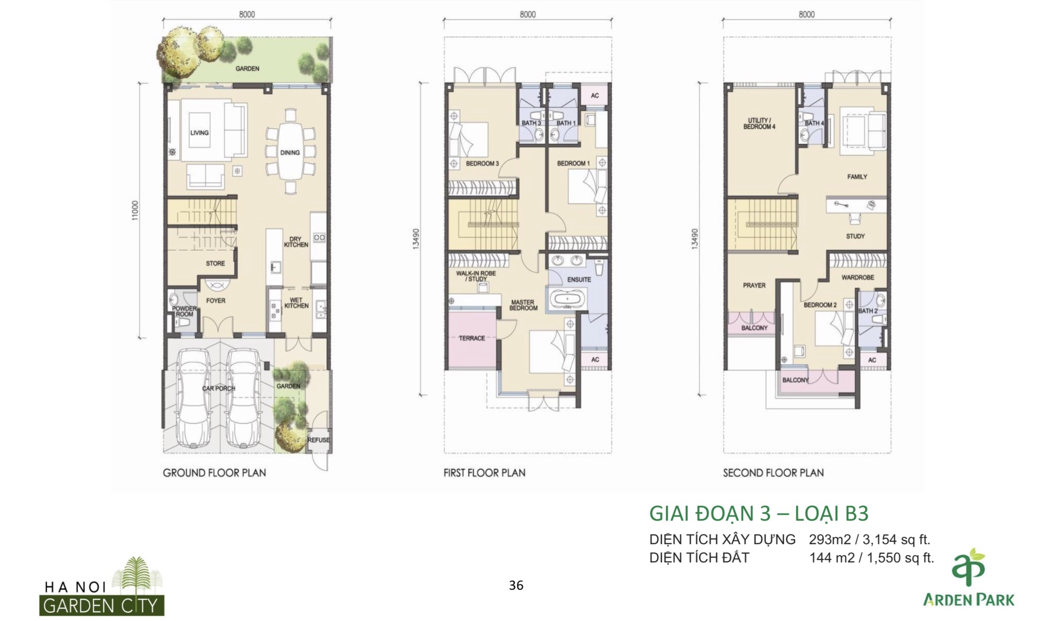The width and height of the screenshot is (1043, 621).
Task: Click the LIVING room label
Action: click(x=199, y=133)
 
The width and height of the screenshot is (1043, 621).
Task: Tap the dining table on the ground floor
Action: click(x=290, y=152)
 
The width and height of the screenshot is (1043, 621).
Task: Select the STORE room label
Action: click(x=216, y=263)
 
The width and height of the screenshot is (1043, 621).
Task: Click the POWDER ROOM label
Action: click(x=184, y=311)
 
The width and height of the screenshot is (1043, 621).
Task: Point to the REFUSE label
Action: click(x=319, y=440)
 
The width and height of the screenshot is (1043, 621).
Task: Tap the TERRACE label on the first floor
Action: click(x=472, y=338)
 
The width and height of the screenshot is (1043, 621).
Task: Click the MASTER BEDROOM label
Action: click(x=523, y=305)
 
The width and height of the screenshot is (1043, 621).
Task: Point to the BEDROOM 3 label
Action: click(x=482, y=164)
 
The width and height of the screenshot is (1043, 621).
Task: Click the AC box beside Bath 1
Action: click(x=595, y=95)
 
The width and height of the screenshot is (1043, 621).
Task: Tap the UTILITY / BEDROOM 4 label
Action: click(x=759, y=123)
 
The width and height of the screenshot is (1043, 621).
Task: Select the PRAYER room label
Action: click(x=754, y=286)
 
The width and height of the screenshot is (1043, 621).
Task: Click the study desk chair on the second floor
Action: click(x=855, y=219)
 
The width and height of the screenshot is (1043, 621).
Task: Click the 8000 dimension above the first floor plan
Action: click(x=527, y=15)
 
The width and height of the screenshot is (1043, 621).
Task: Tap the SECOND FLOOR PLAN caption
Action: click(x=773, y=473)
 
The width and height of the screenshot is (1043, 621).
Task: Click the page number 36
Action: click(x=516, y=585)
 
